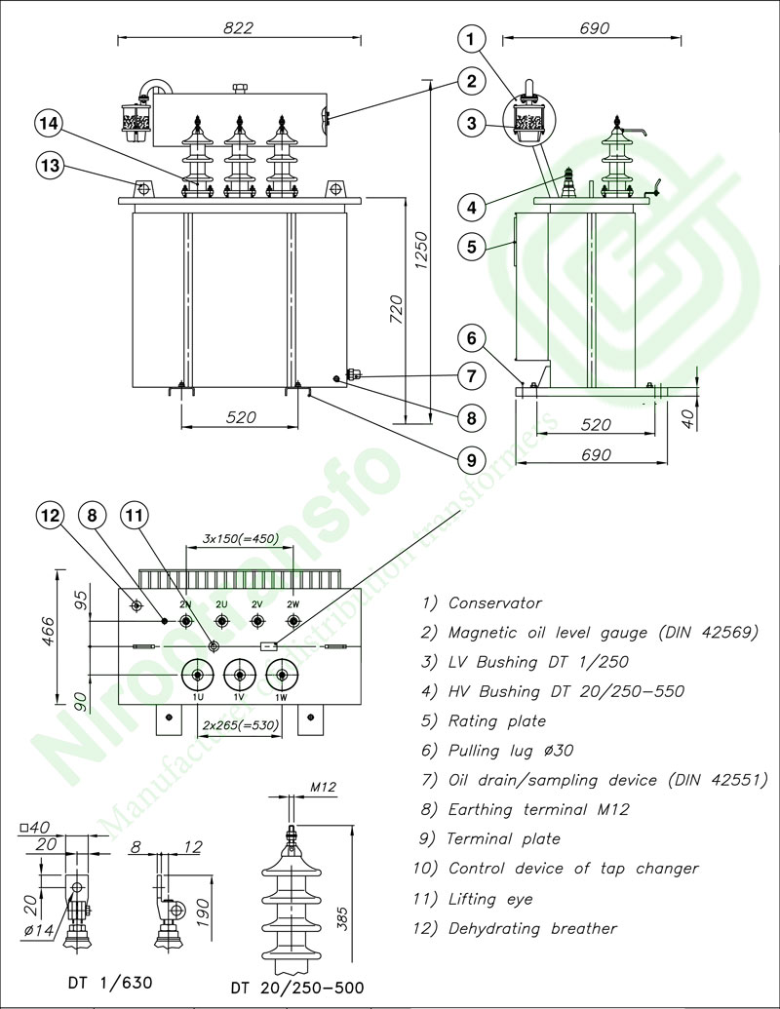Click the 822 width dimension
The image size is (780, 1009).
point(238,28)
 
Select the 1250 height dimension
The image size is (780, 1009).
point(421,252)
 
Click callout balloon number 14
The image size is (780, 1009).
point(50,124)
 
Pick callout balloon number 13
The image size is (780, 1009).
point(50,166)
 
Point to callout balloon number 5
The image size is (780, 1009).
point(471,247)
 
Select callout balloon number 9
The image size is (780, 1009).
point(471,457)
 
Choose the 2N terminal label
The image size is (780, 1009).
point(185,604)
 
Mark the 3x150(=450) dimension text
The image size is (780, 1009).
point(240,538)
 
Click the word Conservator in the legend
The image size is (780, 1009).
point(494,603)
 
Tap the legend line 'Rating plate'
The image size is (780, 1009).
point(496,721)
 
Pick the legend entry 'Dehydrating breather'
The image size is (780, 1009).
point(532,928)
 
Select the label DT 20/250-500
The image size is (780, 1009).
point(297,989)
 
